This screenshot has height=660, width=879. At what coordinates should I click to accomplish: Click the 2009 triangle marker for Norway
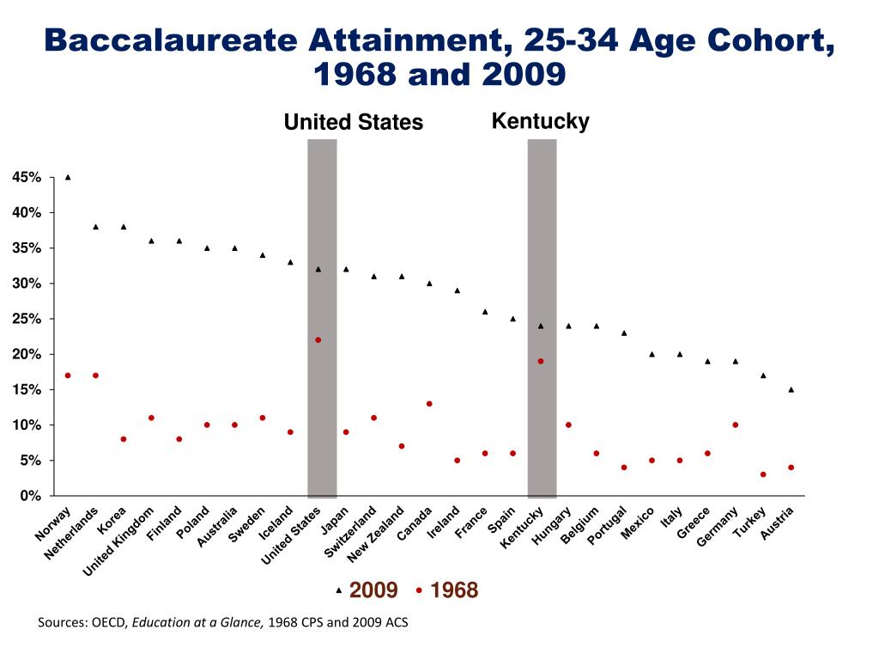click(x=68, y=177)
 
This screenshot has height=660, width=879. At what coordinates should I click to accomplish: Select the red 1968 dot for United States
click(x=318, y=340)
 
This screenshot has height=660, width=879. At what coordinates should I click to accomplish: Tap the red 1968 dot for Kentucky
click(x=541, y=361)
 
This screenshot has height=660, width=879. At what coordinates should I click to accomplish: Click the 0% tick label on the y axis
click(x=30, y=496)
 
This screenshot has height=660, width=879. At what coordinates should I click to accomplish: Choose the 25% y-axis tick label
click(x=27, y=319)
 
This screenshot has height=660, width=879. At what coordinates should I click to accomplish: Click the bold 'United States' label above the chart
click(x=354, y=123)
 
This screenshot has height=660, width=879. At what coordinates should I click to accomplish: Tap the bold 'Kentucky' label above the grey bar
click(x=540, y=121)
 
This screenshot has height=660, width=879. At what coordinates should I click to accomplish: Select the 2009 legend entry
click(x=373, y=590)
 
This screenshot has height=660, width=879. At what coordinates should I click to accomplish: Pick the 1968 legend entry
click(x=453, y=590)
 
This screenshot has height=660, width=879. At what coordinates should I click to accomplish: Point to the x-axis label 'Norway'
click(x=53, y=525)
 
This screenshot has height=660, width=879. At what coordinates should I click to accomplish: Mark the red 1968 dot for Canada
click(x=429, y=404)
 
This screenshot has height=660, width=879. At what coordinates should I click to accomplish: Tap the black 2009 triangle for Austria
click(x=791, y=389)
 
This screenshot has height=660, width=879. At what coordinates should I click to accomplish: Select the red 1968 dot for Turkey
click(x=763, y=474)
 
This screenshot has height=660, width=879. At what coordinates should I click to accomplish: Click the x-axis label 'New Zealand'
click(x=376, y=535)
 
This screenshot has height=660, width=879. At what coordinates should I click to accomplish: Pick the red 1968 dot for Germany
click(x=736, y=425)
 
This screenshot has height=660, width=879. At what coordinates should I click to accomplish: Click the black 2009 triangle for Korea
click(x=124, y=227)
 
